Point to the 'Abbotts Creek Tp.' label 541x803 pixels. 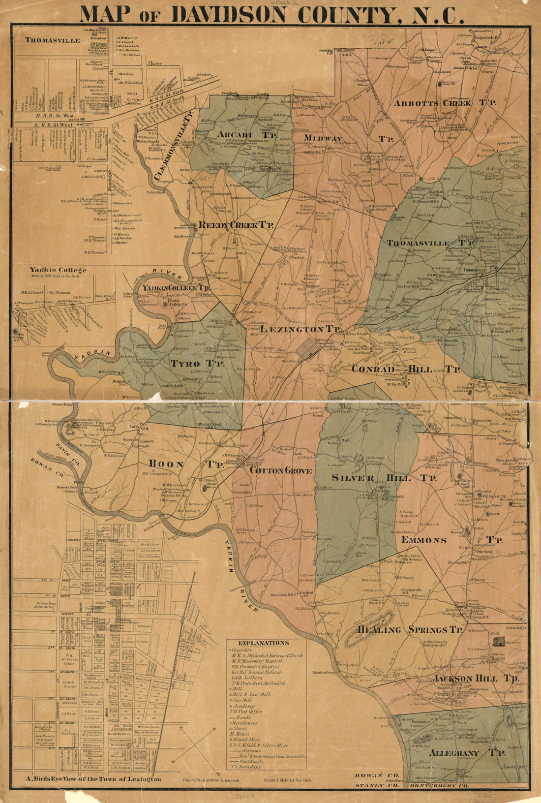[x=445, y=103]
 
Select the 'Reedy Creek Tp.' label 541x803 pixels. [x=236, y=225]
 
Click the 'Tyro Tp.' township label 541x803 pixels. [x=197, y=364]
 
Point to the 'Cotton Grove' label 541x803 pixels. [x=281, y=471]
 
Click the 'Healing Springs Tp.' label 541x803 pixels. [x=410, y=630]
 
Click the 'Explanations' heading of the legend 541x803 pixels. [x=263, y=643]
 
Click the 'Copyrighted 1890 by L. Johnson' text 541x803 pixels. [x=214, y=780]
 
